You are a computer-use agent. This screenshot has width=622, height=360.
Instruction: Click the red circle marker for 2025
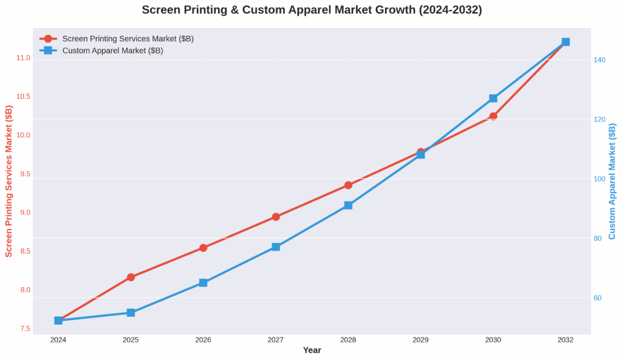click(131, 277)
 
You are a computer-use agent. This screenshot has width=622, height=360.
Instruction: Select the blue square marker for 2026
click(203, 283)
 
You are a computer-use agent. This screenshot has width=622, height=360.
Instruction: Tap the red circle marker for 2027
click(276, 217)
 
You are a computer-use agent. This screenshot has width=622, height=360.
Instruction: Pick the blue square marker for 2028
click(348, 205)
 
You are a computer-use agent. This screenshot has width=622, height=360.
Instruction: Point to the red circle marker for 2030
click(493, 116)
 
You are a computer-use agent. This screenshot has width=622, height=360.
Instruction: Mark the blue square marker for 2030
click(493, 98)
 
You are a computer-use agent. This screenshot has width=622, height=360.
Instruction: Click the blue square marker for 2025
click(131, 313)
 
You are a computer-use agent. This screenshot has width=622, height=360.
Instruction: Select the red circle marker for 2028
click(348, 185)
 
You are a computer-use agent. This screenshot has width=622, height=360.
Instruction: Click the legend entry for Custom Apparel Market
click(112, 51)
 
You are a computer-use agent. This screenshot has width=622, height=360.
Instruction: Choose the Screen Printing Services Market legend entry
click(128, 39)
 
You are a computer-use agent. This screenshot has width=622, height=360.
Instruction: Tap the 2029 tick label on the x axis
click(420, 340)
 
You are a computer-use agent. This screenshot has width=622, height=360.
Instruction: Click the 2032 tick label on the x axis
click(566, 340)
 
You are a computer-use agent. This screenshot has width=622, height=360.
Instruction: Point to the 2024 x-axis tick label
click(58, 340)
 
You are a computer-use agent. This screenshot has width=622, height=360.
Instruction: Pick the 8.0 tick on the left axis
click(24, 290)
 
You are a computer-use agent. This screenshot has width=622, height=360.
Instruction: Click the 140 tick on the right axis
click(600, 60)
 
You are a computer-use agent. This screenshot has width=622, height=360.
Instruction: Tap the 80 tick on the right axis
click(598, 239)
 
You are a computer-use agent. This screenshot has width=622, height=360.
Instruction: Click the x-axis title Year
click(312, 350)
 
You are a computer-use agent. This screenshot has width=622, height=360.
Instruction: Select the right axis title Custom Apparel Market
click(612, 181)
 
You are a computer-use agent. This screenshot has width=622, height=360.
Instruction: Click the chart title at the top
click(312, 10)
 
